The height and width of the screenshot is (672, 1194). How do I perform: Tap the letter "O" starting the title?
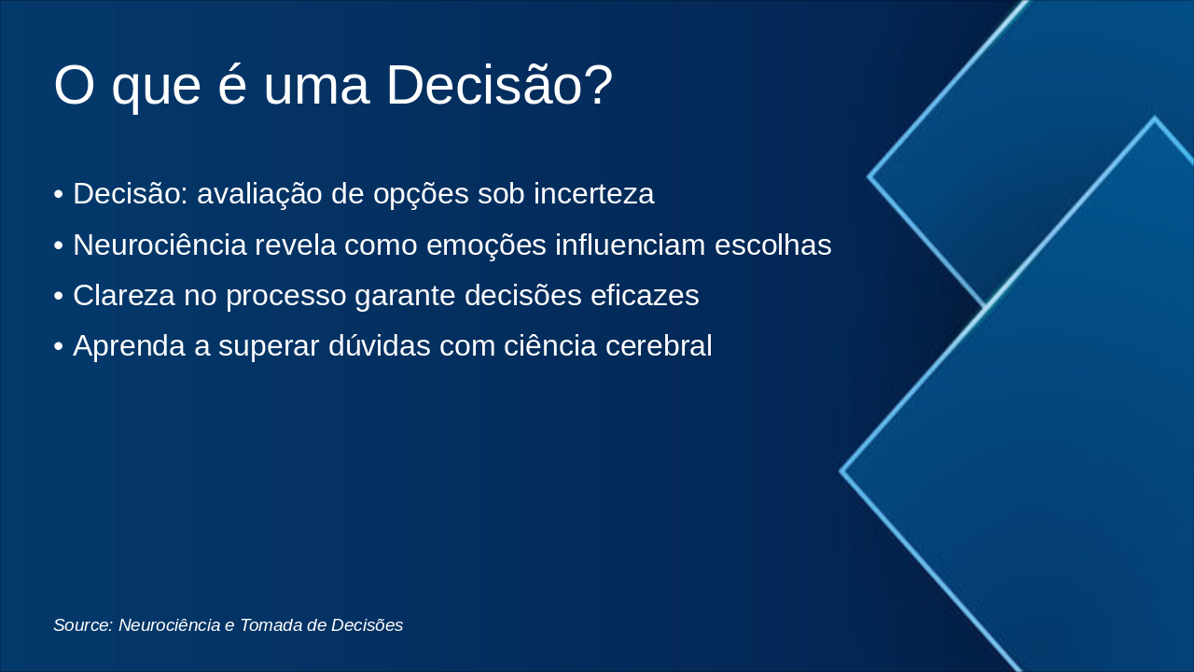(75, 84)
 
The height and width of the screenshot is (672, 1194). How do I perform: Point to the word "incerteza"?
(594, 193)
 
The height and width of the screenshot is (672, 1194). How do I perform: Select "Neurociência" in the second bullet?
(160, 245)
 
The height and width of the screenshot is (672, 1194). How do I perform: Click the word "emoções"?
(486, 245)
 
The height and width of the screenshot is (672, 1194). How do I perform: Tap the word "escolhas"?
(773, 245)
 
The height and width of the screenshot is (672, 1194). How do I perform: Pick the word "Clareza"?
(124, 296)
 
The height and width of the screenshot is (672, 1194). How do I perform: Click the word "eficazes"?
(645, 296)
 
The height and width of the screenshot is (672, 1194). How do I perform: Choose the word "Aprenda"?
(129, 346)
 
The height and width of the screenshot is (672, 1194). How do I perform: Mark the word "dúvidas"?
(379, 345)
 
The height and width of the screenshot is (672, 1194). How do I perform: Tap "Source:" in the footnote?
(83, 625)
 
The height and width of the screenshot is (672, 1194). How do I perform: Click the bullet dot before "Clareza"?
(59, 297)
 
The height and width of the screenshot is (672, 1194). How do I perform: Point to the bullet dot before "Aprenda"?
(59, 346)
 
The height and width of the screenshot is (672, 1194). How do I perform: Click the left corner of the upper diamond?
(868, 176)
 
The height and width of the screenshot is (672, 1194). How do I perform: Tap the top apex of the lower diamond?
(1155, 118)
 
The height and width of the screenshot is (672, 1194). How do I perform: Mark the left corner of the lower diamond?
(840, 471)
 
